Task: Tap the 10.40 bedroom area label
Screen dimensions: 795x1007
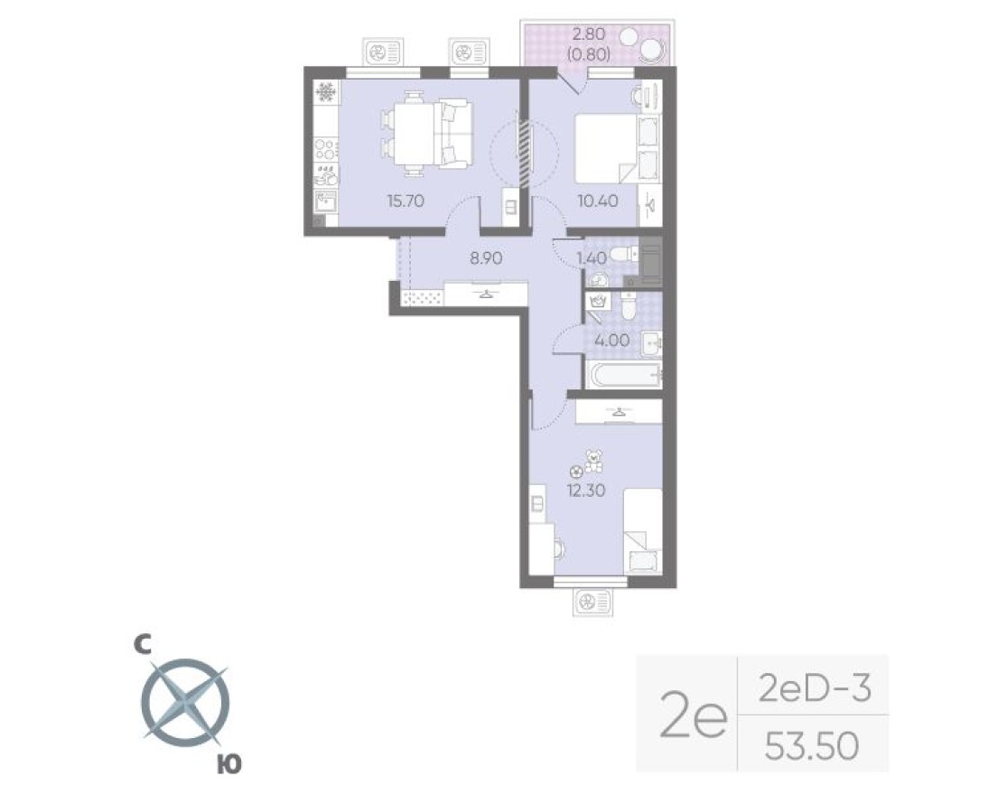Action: [x=598, y=201]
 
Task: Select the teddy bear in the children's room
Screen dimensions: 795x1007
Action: [x=593, y=462]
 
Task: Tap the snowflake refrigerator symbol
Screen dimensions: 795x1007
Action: [x=325, y=92]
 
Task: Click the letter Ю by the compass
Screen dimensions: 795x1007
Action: [x=229, y=764]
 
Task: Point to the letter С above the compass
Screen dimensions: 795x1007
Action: [x=141, y=643]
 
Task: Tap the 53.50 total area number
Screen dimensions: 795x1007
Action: [x=810, y=746]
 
